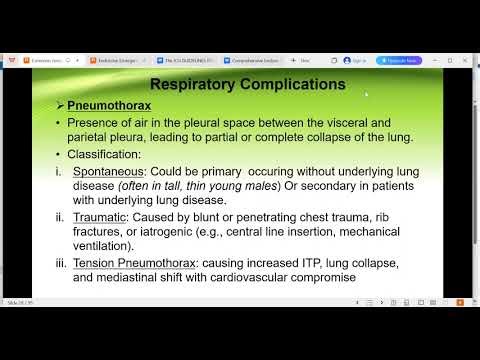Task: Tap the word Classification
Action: [110, 155]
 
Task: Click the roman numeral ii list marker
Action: [60, 217]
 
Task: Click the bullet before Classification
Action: [59, 155]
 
